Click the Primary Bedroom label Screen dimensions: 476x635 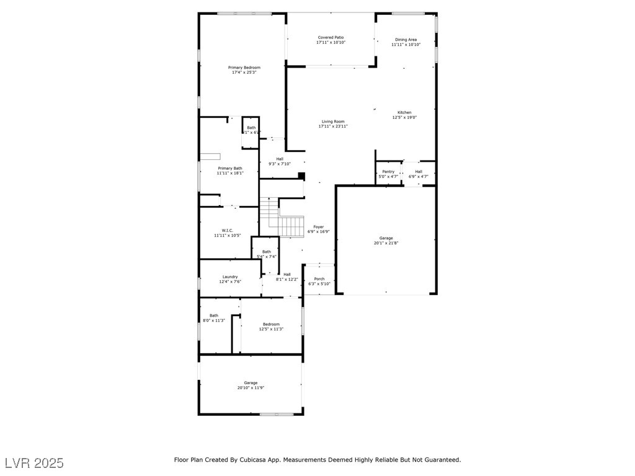(244, 68)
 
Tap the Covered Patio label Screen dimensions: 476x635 (331, 37)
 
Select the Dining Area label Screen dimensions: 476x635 (406, 40)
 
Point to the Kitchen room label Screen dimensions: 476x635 (404, 113)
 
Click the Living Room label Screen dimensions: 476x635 (333, 121)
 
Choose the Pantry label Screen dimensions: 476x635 (388, 172)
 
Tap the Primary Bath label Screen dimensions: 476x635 (229, 169)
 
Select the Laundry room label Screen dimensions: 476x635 (230, 277)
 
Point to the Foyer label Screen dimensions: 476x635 (318, 227)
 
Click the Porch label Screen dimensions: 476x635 (319, 279)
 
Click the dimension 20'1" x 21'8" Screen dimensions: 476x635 (386, 244)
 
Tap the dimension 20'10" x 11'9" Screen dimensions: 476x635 (251, 388)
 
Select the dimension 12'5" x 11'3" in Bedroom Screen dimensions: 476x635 (271, 329)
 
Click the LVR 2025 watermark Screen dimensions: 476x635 (33, 463)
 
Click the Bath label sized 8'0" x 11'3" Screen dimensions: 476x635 (213, 315)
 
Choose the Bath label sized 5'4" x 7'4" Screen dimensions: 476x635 (266, 252)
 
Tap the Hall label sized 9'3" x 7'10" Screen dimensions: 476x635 (280, 159)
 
